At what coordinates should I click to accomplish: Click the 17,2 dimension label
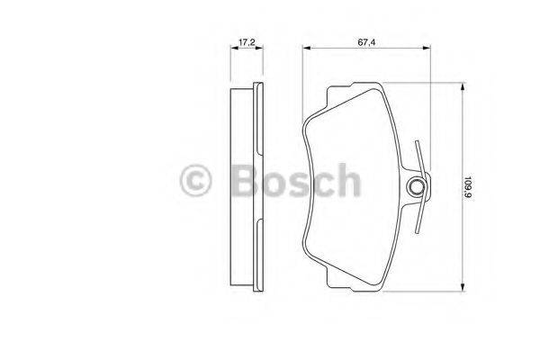pyautogui.click(x=244, y=41)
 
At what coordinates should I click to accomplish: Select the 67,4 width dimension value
pyautogui.click(x=364, y=41)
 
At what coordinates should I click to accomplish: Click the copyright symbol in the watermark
pyautogui.click(x=196, y=181)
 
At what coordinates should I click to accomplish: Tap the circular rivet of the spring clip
pyautogui.click(x=417, y=186)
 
